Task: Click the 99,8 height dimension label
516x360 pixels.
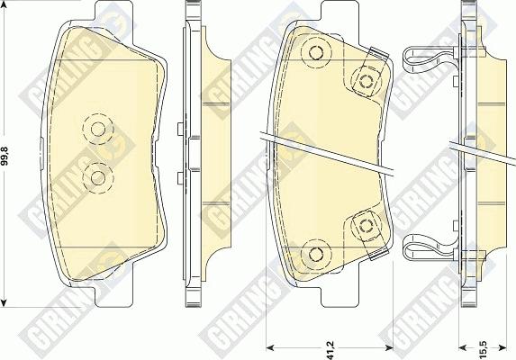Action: (6, 156)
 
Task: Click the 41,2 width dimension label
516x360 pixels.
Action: (330, 349)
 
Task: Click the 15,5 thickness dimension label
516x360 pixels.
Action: (483, 349)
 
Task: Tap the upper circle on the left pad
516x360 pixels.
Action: (98, 129)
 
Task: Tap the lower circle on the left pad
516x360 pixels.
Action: (98, 178)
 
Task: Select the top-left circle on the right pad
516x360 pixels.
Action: (316, 52)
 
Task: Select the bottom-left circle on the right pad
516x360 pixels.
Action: (316, 254)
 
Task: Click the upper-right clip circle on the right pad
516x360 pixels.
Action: (366, 81)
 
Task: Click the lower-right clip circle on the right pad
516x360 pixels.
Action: (366, 226)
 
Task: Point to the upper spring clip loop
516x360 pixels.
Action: (405, 59)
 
